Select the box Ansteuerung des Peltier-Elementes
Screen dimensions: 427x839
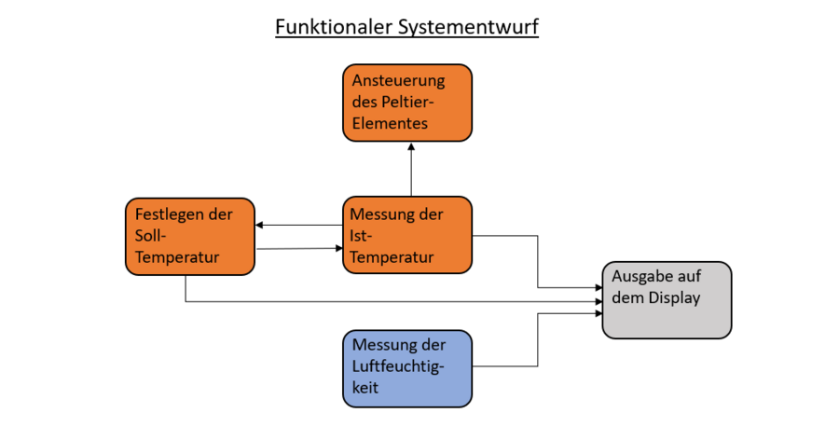pyautogui.click(x=407, y=103)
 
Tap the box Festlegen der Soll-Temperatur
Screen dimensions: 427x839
pyautogui.click(x=190, y=236)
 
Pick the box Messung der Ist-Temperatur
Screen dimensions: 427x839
pyautogui.click(x=407, y=235)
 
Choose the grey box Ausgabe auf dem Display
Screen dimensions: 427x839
pyautogui.click(x=667, y=299)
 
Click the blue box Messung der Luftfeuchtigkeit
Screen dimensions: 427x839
pyautogui.click(x=407, y=368)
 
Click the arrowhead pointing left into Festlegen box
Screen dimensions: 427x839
pyautogui.click(x=261, y=225)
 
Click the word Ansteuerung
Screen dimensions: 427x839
pyautogui.click(x=399, y=81)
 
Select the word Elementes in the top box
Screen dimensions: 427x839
pyautogui.click(x=390, y=123)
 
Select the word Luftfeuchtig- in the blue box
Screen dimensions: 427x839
pyautogui.click(x=398, y=368)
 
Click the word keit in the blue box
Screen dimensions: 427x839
pyautogui.click(x=365, y=389)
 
